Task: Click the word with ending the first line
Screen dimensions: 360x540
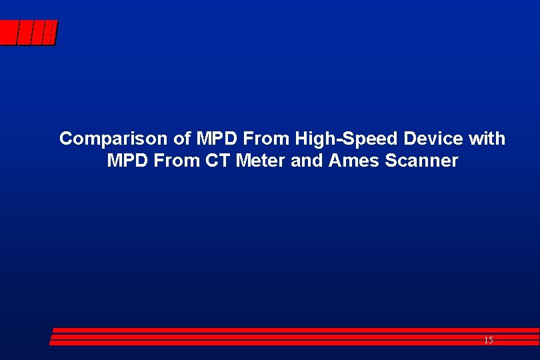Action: click(x=487, y=139)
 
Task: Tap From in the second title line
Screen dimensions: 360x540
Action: click(x=172, y=161)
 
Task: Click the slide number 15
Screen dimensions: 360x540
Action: click(x=489, y=341)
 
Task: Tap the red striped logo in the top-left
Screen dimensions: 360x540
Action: click(x=29, y=33)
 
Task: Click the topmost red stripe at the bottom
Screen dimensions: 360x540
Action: click(x=293, y=330)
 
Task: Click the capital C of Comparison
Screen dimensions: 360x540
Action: click(x=65, y=139)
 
